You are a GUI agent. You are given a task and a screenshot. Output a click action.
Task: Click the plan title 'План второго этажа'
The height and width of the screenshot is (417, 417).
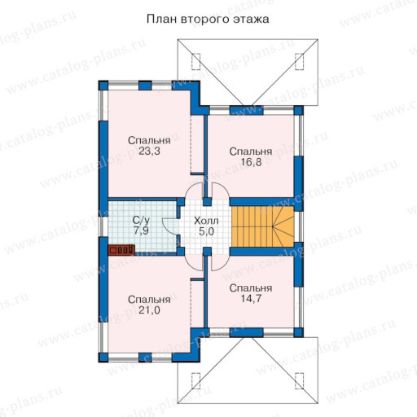point(208,20)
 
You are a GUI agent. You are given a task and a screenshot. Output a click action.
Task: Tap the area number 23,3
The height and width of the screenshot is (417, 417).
point(149,151)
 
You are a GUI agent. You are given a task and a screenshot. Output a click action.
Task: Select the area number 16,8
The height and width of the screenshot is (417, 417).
point(251,162)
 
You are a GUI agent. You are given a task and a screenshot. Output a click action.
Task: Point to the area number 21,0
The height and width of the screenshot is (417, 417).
point(149,310)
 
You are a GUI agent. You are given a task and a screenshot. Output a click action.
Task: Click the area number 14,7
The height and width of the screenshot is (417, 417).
point(251,299)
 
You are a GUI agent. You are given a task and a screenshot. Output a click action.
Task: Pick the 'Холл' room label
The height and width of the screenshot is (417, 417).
point(206,221)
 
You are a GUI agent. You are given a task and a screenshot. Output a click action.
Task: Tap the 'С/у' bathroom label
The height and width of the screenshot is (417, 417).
point(141,220)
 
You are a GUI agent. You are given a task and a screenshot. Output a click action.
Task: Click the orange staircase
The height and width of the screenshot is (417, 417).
point(262,226)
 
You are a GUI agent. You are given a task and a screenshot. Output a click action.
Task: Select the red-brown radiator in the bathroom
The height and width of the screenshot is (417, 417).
point(121,250)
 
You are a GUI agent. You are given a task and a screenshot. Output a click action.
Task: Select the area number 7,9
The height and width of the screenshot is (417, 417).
point(141,230)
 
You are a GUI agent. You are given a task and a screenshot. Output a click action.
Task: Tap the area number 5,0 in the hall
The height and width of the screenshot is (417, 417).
point(206,232)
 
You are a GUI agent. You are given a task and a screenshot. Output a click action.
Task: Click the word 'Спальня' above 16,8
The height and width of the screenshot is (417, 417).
point(251,151)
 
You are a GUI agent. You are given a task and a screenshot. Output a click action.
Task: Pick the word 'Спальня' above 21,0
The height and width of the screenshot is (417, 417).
point(149,300)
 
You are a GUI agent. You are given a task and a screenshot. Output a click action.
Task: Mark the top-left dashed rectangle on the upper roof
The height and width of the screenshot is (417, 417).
point(196,62)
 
